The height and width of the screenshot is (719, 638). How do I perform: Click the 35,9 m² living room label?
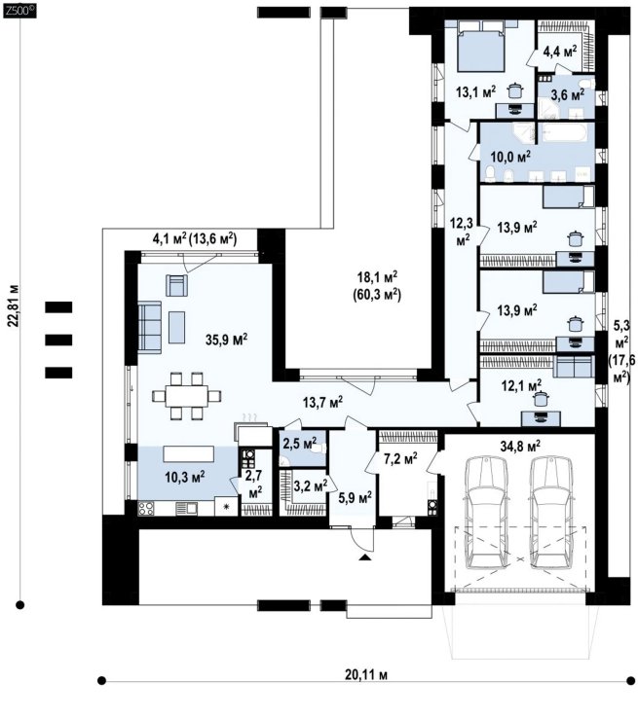(226, 340)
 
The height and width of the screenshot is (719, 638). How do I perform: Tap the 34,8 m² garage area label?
(519, 445)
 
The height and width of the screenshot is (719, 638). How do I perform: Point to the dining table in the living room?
(187, 396)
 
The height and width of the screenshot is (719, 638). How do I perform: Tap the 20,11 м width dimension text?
(366, 675)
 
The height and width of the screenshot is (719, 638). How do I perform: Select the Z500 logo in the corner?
(19, 11)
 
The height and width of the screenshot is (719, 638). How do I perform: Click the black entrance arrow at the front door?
(364, 557)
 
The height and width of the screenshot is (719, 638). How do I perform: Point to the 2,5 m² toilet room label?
(300, 444)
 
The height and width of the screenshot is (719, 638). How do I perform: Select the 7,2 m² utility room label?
(400, 457)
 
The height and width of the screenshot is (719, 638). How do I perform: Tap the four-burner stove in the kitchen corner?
(146, 509)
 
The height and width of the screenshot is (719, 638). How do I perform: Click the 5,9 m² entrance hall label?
(355, 496)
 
